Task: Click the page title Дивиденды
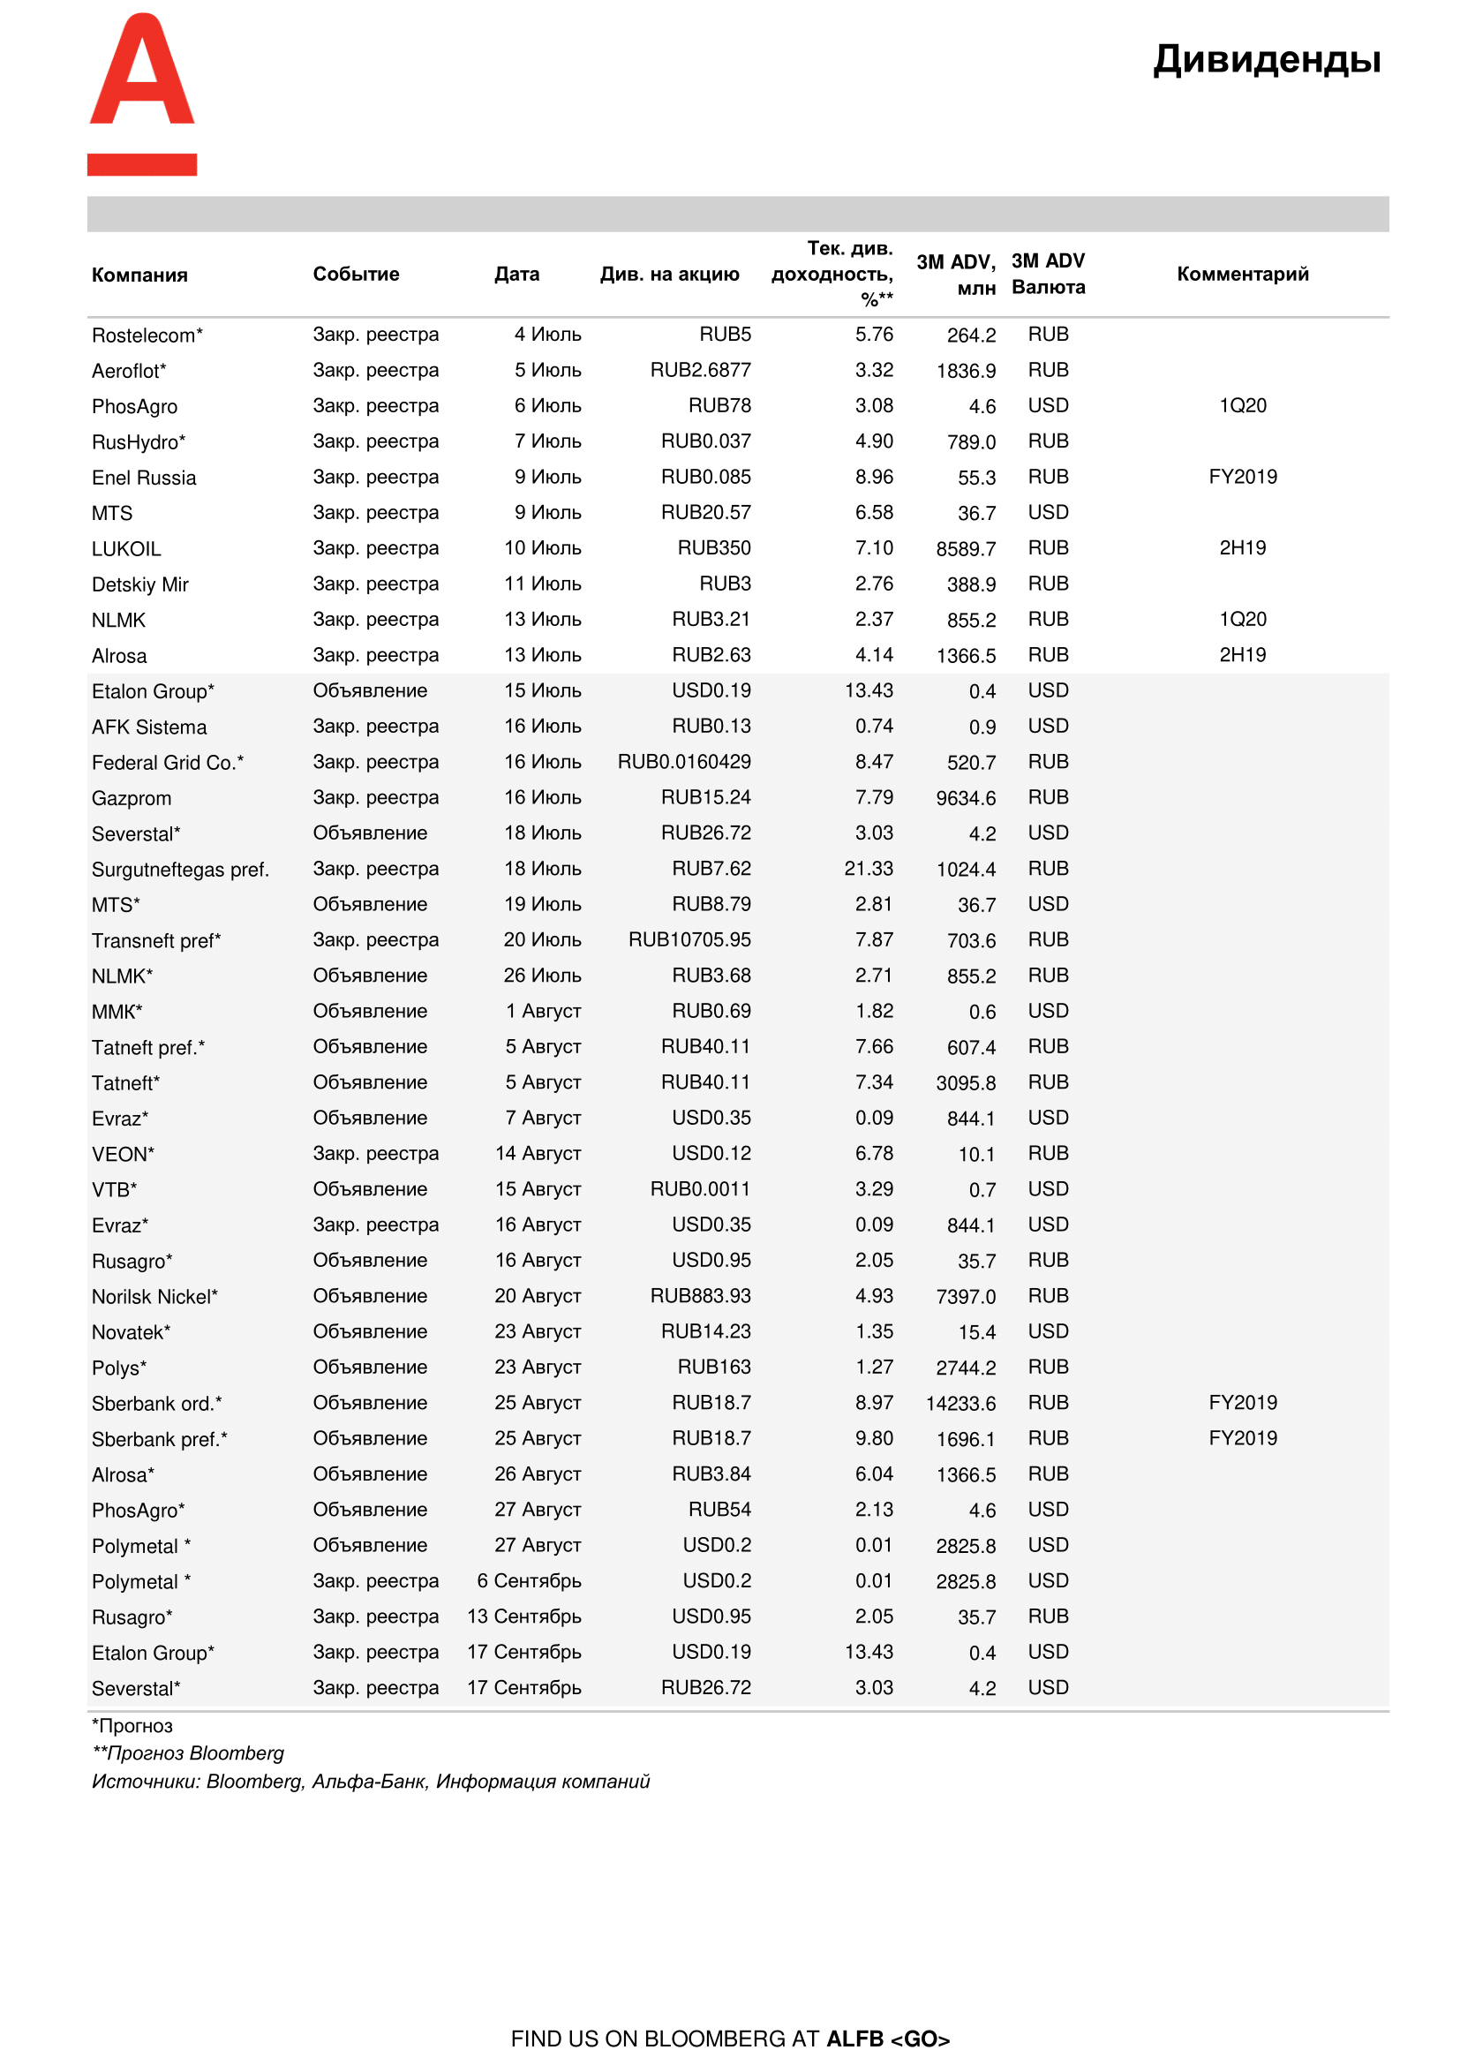click(x=1266, y=59)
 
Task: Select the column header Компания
click(x=139, y=275)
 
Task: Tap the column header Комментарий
click(x=1242, y=274)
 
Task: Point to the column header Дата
click(x=516, y=274)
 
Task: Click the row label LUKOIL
click(x=126, y=548)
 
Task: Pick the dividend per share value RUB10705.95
click(x=689, y=940)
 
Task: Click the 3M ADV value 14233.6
click(x=960, y=1403)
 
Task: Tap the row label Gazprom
click(x=132, y=798)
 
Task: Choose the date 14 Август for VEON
click(x=538, y=1153)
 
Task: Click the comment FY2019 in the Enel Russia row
click(x=1242, y=477)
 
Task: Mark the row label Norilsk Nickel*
click(x=154, y=1296)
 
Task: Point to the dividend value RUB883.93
click(x=699, y=1296)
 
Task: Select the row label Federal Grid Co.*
click(x=167, y=763)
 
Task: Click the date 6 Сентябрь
click(x=529, y=1580)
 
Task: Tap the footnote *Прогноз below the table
click(x=132, y=1725)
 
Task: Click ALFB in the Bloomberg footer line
click(x=854, y=2038)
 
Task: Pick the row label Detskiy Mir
click(x=139, y=584)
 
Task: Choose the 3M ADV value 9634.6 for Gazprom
click(x=965, y=798)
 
